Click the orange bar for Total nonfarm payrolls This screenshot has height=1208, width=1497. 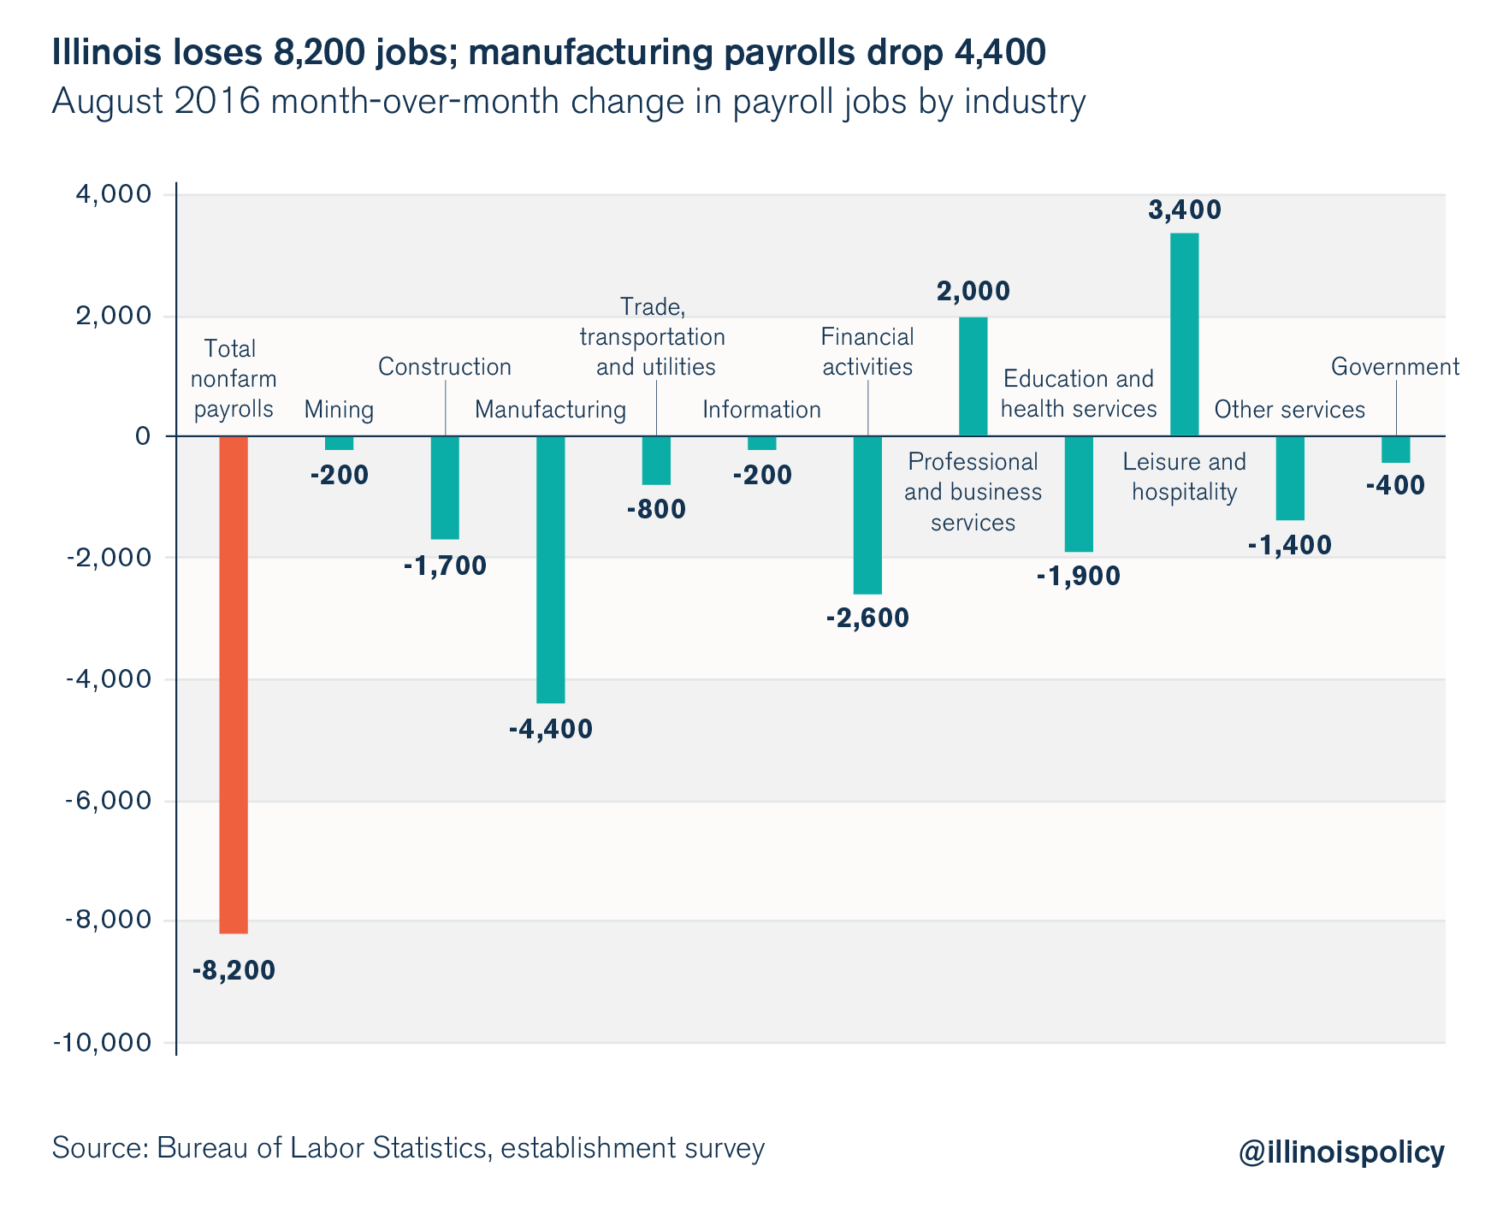click(x=234, y=684)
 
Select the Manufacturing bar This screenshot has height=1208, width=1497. click(x=550, y=569)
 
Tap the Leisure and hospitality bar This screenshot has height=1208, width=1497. click(x=1184, y=335)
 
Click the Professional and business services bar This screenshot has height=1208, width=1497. click(x=973, y=376)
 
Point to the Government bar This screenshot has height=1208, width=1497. click(x=1395, y=449)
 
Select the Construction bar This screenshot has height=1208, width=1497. click(x=445, y=488)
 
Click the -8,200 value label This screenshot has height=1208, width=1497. click(x=234, y=971)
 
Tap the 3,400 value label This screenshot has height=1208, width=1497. click(x=1184, y=210)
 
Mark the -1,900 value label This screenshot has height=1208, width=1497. click(x=1078, y=577)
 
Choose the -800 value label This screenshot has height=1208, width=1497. click(x=656, y=511)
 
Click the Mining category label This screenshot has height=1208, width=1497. click(x=339, y=410)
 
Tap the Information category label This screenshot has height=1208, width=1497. click(x=761, y=410)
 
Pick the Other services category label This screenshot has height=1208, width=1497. click(x=1289, y=410)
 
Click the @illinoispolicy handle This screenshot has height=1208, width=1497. click(x=1340, y=1152)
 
